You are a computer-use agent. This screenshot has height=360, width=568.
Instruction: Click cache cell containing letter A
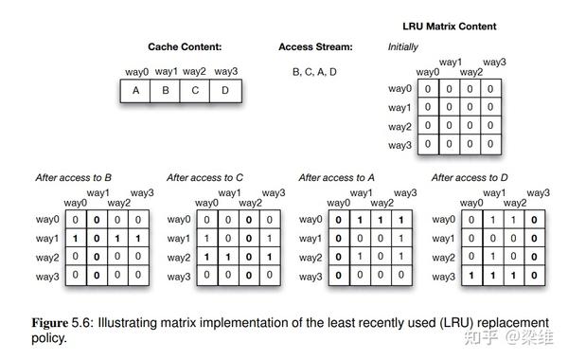pos(135,92)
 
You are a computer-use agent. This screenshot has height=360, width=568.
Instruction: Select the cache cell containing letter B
pos(166,92)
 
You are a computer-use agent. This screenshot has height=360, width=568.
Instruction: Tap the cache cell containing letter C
pos(195,92)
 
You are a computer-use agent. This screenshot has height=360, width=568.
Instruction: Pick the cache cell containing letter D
pos(226,92)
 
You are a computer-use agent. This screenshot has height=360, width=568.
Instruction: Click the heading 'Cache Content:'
pos(185,46)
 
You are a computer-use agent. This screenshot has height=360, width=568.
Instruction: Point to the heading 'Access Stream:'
pos(315,46)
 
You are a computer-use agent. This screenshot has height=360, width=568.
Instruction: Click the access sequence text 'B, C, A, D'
pos(315,71)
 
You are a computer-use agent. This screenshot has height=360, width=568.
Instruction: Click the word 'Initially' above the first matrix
pos(403,46)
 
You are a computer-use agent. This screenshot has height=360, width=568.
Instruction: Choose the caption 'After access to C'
pos(205,177)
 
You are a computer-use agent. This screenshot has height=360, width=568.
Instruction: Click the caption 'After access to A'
pos(338,177)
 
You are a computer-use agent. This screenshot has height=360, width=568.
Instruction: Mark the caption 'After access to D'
pos(470,177)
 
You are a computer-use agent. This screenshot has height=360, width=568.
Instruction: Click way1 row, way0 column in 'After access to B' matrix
pos(75,239)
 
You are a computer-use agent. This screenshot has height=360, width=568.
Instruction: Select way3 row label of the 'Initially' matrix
pos(399,145)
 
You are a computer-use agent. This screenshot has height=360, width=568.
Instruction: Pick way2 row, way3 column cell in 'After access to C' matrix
pos(271,257)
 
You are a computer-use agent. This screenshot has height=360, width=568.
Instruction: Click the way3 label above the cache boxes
pos(225,71)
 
